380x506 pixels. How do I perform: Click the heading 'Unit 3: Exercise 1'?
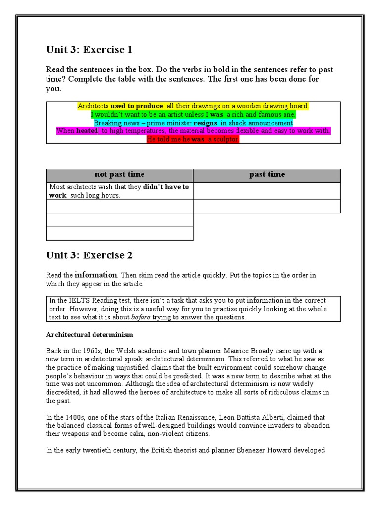(x=89, y=50)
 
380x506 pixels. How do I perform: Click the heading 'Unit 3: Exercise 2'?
(x=89, y=255)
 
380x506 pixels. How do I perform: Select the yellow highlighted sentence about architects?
(x=193, y=106)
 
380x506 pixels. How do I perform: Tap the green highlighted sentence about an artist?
(x=193, y=115)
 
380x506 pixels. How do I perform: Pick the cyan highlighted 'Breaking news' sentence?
(x=193, y=123)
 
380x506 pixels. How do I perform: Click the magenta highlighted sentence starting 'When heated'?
(x=193, y=131)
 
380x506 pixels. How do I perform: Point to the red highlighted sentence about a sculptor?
(x=193, y=140)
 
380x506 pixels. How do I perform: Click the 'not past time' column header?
(x=119, y=175)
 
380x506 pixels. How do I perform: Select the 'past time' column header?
(x=267, y=175)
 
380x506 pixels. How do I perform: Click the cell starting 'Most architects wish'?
(x=119, y=191)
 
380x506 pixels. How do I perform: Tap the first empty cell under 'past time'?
(x=267, y=191)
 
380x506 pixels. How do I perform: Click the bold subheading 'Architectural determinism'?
(x=90, y=335)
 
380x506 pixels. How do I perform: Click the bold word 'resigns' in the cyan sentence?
(x=206, y=123)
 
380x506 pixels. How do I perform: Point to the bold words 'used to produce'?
(x=137, y=106)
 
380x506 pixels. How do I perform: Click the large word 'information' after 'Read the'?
(x=96, y=275)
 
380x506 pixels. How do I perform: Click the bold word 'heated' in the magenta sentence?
(x=87, y=131)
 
